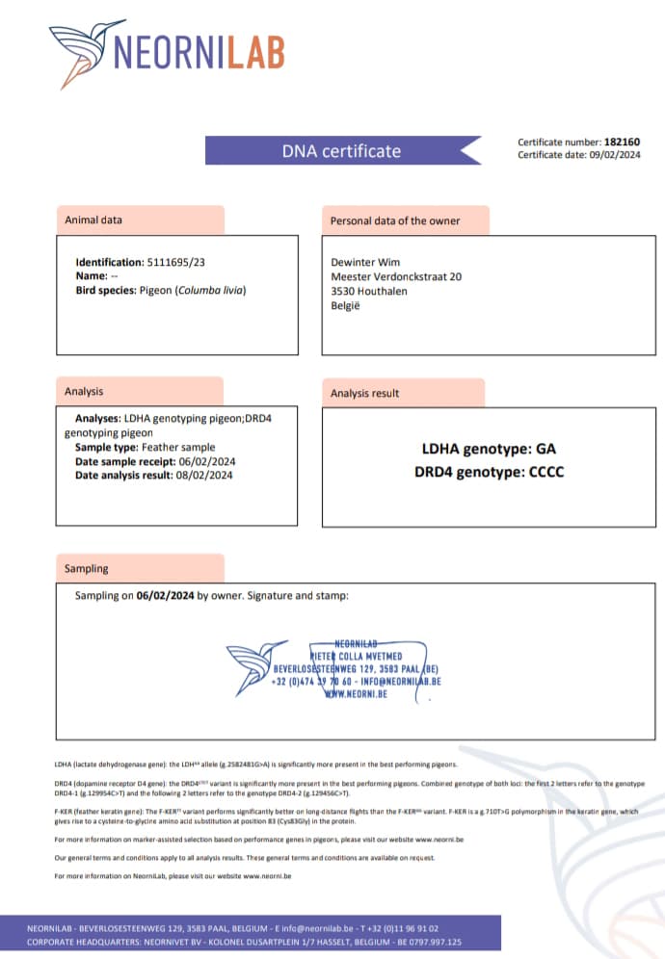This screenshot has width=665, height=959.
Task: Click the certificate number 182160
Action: [622, 142]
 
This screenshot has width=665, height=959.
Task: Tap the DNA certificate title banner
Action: [341, 150]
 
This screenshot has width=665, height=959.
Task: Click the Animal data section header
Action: [93, 220]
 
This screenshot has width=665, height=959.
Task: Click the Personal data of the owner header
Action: [395, 220]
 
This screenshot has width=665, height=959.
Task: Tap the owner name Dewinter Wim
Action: [365, 262]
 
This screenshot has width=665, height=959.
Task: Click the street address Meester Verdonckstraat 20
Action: [396, 276]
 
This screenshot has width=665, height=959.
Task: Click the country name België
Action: [345, 304]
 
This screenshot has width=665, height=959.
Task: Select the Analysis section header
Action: [84, 391]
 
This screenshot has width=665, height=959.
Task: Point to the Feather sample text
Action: [178, 447]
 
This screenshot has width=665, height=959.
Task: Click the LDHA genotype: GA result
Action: [489, 449]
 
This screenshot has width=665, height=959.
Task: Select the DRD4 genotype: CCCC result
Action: [489, 472]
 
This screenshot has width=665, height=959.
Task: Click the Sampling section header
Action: [87, 568]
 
